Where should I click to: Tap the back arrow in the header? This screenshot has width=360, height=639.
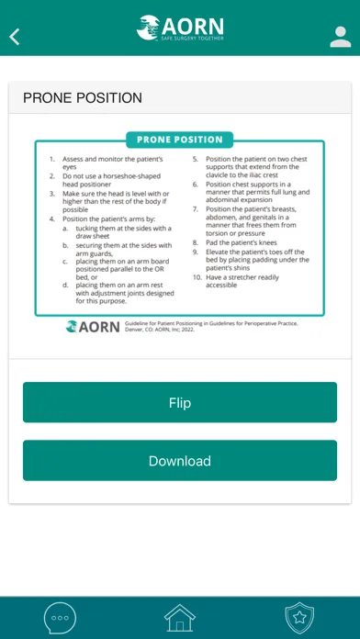point(15,37)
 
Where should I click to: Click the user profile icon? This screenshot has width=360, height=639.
point(341,37)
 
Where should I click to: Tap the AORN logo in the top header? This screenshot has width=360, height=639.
point(180,28)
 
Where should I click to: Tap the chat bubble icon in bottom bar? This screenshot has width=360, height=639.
point(60,618)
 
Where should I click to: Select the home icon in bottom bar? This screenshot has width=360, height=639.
point(180,618)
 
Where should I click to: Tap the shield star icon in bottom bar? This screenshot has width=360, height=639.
point(299,618)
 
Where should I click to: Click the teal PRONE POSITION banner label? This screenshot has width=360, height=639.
point(180,140)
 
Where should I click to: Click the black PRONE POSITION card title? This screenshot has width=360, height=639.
point(83,98)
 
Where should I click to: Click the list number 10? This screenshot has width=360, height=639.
point(197,277)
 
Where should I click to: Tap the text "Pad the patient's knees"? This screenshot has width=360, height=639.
point(242,242)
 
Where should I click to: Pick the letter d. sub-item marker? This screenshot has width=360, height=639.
point(65,285)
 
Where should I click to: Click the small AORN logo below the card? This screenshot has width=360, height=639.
point(93,327)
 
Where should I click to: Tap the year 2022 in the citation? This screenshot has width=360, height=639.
point(188,330)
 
